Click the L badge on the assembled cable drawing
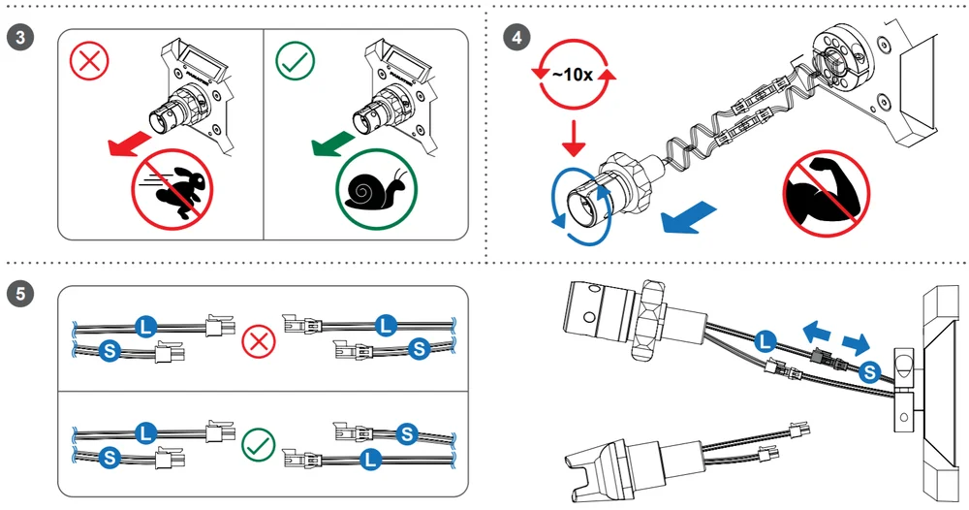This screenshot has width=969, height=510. [766, 339]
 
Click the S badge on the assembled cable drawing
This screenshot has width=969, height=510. [870, 369]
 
